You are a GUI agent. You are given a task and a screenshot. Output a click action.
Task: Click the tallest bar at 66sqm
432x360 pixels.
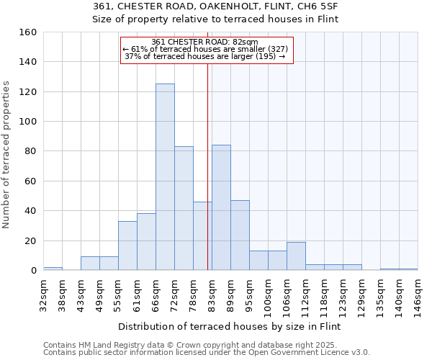click(x=165, y=177)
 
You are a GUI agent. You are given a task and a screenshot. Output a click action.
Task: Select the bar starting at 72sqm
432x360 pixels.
click(x=184, y=208)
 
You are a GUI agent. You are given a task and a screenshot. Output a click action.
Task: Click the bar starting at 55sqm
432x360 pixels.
click(x=127, y=246)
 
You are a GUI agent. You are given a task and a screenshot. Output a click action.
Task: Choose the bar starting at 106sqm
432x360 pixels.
click(x=296, y=256)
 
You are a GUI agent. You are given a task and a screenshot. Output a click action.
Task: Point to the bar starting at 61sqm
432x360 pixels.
click(x=146, y=242)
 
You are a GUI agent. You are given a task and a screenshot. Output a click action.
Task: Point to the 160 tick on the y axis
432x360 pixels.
click(x=29, y=32)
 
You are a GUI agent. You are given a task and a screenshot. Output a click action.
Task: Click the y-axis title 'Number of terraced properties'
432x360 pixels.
click(x=7, y=154)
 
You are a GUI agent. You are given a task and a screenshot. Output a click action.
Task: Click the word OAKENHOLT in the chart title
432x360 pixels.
click(x=206, y=6)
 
